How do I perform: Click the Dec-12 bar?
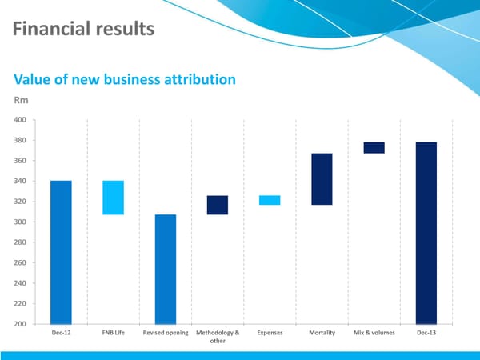pos(61,252)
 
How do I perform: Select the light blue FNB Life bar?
pos(114,198)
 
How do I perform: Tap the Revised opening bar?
pos(165,269)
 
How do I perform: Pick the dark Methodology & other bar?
pos(217,205)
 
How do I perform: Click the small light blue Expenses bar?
pos(270,200)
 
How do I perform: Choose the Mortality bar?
pos(322,179)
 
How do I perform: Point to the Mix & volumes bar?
pos(374,147)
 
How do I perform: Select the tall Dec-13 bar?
pos(426,233)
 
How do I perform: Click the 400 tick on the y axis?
pos(18,120)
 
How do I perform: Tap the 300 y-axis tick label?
pos(18,222)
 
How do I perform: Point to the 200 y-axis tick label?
pos(18,324)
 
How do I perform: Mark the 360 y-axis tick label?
pos(18,161)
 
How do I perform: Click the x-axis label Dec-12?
pos(61,332)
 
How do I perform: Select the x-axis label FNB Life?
pos(113,332)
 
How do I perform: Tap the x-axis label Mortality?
pos(322,332)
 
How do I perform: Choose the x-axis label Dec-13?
pos(426,332)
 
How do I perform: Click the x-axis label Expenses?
pos(270,332)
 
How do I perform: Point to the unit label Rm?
pos(22,101)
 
